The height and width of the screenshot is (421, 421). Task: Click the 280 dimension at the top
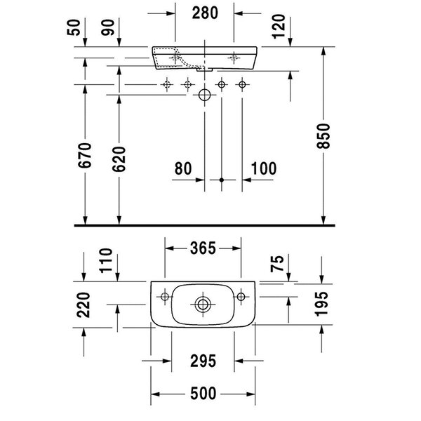coord(205,13)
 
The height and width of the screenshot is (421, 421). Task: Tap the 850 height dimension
coord(323,136)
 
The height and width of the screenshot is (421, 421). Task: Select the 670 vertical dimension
coord(85,156)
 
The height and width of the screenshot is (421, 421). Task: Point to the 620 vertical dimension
coord(119,159)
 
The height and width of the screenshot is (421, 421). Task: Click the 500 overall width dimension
coord(203,394)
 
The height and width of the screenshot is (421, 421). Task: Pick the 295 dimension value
coord(203,361)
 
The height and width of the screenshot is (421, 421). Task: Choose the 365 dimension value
coord(203,248)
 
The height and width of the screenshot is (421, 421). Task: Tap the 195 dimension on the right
coord(321,304)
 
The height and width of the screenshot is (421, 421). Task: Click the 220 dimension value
coord(83,305)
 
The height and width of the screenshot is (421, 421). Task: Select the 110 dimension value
coord(106,260)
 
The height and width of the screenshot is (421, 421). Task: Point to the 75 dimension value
coord(277,264)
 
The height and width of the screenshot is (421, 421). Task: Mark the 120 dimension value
coord(279,27)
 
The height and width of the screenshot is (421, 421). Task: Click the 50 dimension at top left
coord(74,27)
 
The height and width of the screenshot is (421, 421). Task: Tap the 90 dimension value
coord(108,27)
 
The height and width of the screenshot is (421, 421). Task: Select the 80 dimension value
coord(183,168)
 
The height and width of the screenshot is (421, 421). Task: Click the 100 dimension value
coord(264,168)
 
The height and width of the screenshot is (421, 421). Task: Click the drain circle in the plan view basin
coord(203,305)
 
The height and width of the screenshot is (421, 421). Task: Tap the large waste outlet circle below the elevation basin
coord(205,95)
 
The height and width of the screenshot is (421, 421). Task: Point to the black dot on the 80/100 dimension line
coord(222,180)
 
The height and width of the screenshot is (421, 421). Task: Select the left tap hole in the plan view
coord(165,297)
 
